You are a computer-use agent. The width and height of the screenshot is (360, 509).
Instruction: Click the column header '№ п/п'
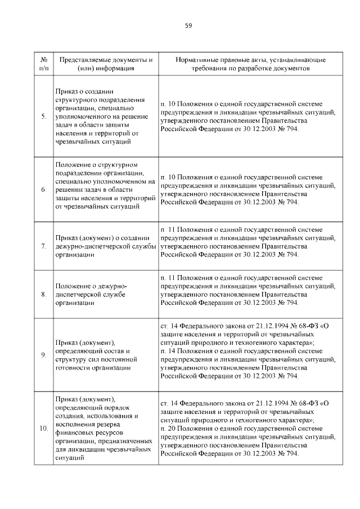(x=44, y=64)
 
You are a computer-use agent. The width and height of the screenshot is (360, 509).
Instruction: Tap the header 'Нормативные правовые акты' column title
(x=250, y=64)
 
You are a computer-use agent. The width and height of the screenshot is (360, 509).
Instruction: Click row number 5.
(x=44, y=116)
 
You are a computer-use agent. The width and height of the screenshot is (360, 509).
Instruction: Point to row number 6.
(x=44, y=190)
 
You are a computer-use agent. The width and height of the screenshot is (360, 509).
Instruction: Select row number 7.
(x=44, y=246)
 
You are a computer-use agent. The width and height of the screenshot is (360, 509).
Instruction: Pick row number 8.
(x=44, y=294)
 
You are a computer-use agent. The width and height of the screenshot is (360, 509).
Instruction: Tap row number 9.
(x=44, y=354)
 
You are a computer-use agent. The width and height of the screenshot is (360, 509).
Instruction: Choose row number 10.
(x=44, y=430)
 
